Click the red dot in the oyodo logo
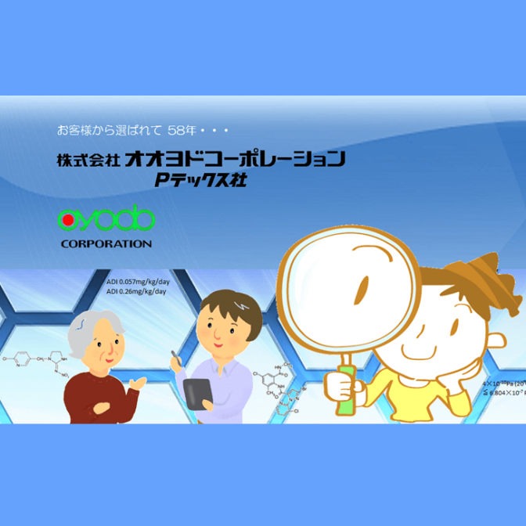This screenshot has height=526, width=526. [69, 221]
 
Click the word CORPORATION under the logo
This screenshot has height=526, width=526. [106, 243]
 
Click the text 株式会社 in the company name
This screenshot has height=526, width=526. [87, 160]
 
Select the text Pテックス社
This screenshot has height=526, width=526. [200, 181]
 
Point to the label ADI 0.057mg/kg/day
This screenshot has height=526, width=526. [136, 283]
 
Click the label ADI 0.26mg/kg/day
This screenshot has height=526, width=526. [136, 292]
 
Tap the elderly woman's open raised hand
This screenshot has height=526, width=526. [139, 381]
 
